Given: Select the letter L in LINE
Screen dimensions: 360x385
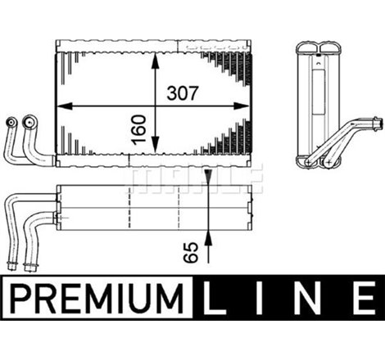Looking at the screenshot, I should (215, 295).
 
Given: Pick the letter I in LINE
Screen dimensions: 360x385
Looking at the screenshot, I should (261, 295).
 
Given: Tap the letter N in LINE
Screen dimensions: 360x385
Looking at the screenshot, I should (309, 295).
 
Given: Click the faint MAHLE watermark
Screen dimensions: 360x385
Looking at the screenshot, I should (192, 174).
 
